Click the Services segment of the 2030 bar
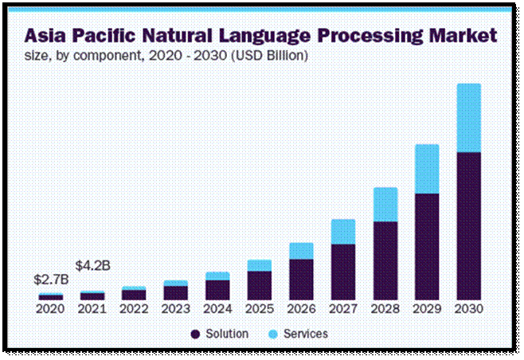click(x=469, y=117)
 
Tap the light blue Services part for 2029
click(x=427, y=169)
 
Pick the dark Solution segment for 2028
click(x=385, y=260)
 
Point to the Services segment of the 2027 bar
click(x=343, y=232)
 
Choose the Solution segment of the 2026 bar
click(x=301, y=279)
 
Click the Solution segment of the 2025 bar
click(x=260, y=284)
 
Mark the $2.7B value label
click(x=50, y=280)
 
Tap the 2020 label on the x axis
click(x=50, y=308)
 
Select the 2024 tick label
click(x=217, y=308)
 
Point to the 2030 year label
click(x=469, y=308)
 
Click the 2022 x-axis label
click(x=134, y=308)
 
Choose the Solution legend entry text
click(x=226, y=334)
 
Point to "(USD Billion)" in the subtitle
click(x=266, y=57)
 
